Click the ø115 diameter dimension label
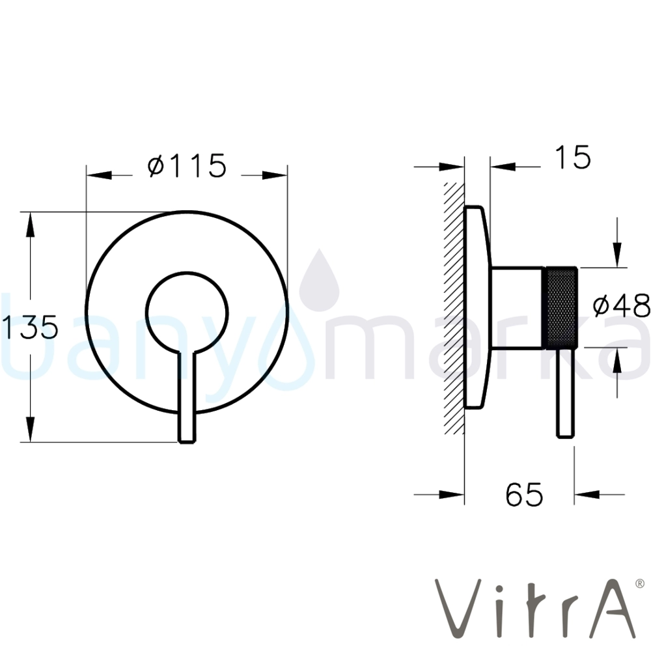pyautogui.click(x=187, y=165)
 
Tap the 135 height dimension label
pyautogui.click(x=30, y=327)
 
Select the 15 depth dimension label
pyautogui.click(x=573, y=158)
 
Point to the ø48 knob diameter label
pyautogui.click(x=621, y=305)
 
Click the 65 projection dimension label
pyautogui.click(x=524, y=494)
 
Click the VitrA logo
pyautogui.click(x=534, y=609)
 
